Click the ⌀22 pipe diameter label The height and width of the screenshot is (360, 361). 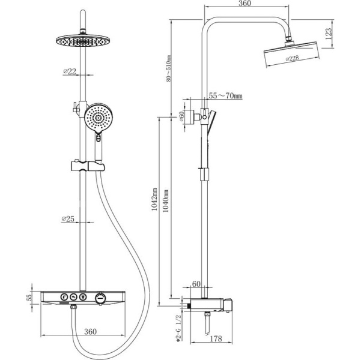(x=69, y=71)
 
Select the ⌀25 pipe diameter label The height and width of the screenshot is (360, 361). (x=68, y=219)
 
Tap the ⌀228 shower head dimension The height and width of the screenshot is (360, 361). (x=292, y=59)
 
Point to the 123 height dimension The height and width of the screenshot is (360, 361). (x=329, y=34)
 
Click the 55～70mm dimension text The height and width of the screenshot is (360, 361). (x=226, y=95)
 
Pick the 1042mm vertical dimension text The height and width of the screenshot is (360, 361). (x=154, y=199)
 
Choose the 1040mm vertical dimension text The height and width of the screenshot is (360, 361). (x=166, y=201)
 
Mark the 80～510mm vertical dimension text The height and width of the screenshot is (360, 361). (x=169, y=68)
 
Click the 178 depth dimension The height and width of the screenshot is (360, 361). (x=216, y=338)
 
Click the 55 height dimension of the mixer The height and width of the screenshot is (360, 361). (x=29, y=298)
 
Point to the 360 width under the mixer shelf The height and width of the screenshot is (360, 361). (x=90, y=331)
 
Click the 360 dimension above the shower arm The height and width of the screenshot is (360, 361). (x=244, y=4)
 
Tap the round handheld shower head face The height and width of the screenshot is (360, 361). (x=99, y=118)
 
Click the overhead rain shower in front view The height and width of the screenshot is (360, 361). (x=83, y=41)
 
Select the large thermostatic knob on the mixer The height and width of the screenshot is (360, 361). (x=100, y=298)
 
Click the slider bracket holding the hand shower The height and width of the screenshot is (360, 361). (x=88, y=166)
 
